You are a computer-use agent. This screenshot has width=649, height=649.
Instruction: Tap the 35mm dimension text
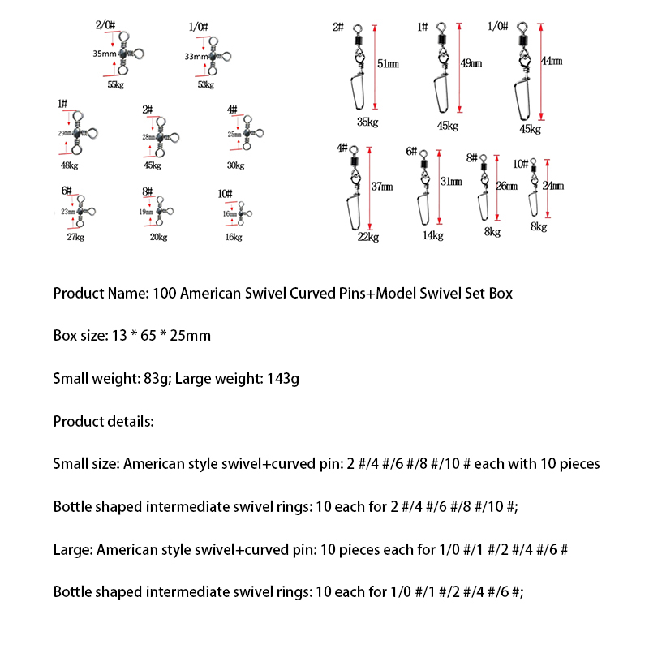coord(104,54)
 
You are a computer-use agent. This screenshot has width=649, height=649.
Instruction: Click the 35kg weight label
coord(367,122)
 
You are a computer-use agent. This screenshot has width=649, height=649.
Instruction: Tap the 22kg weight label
coord(367,236)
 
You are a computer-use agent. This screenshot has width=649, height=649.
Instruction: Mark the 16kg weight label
coord(233,237)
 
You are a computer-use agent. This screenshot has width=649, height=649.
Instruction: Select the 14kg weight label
coord(432,235)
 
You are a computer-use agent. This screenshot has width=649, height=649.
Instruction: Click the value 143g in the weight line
coord(282,378)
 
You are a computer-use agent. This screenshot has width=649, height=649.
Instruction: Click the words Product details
coord(102,421)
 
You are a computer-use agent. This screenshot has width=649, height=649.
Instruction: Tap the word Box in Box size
coord(65,335)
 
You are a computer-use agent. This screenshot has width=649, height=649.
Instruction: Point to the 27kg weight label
coord(76,237)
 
